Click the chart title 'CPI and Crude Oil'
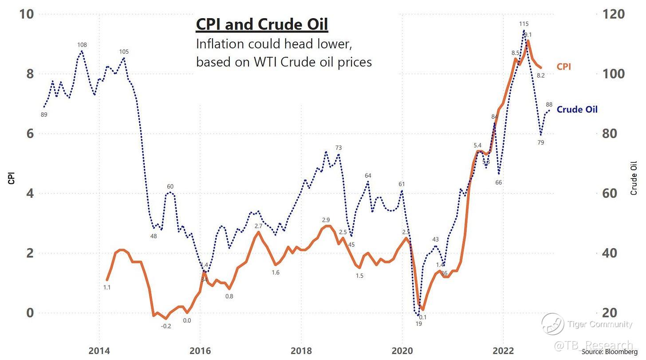pos(262,25)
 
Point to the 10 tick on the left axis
pos(27,14)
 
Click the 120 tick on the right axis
pos(614,14)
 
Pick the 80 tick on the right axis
pos(614,133)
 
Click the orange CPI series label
pos(563,67)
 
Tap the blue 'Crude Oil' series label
pos(577,109)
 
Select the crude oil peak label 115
pos(524,24)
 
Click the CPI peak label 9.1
pos(528,35)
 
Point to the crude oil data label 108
pos(82,45)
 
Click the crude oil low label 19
pos(418,324)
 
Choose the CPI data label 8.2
pos(540,75)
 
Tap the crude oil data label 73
pos(339,148)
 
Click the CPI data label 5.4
pos(477,145)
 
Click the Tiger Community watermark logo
pos(553,324)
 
